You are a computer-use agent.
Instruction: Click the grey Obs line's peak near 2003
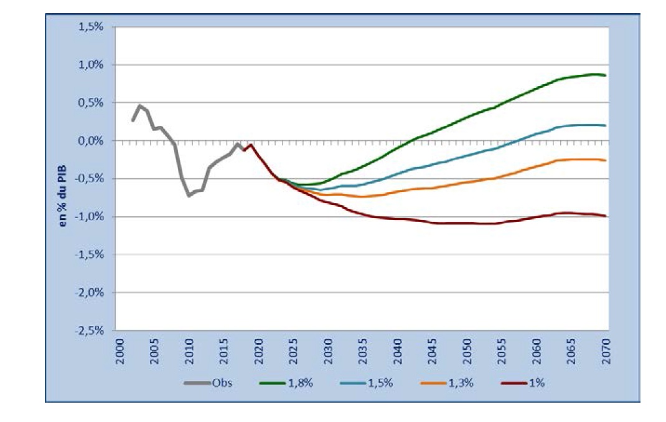(x=139, y=106)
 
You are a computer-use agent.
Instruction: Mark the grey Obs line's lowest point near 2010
(x=189, y=196)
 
